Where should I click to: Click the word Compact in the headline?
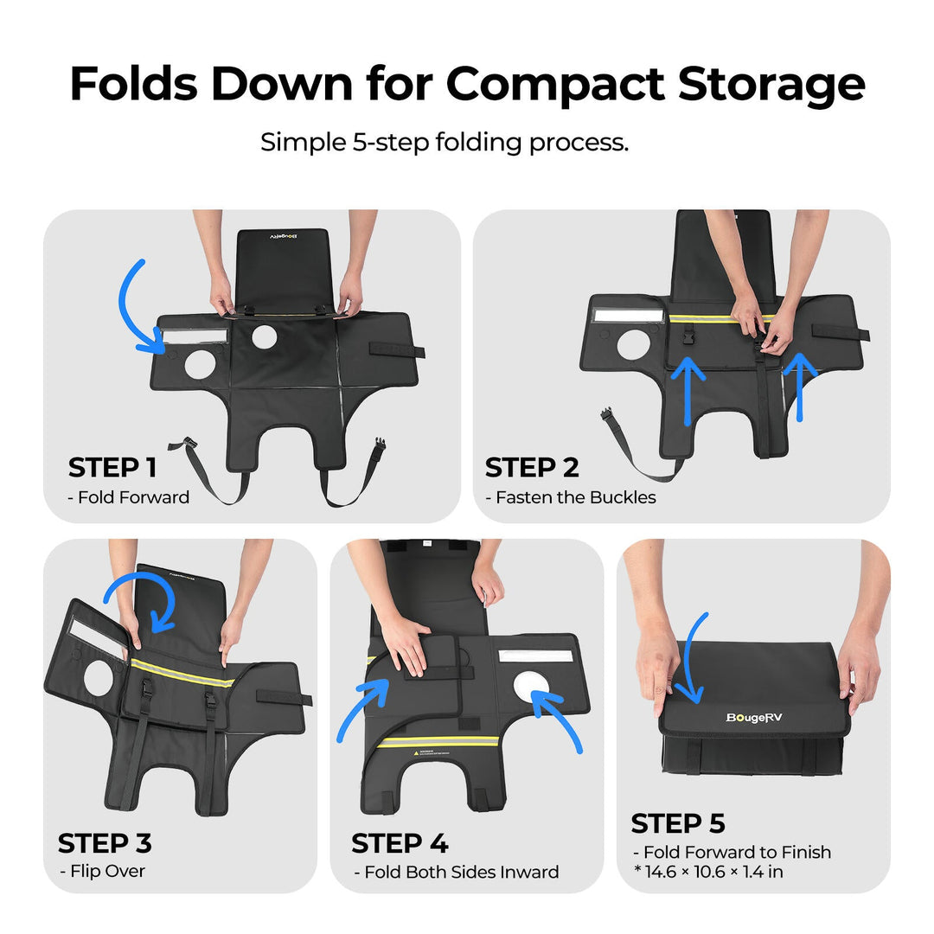554,84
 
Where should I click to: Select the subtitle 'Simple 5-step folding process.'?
445,143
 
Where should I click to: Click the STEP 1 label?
112,467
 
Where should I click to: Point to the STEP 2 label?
531,467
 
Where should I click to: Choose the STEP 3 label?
105,843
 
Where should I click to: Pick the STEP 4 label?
399,843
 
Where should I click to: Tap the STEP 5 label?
678,823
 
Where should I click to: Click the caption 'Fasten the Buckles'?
575,497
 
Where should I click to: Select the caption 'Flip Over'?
107,871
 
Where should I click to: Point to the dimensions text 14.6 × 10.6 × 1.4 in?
713,872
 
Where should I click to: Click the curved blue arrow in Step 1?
124,310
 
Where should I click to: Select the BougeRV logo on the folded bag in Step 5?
754,717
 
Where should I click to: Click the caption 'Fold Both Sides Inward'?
462,872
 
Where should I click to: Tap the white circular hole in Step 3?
99,678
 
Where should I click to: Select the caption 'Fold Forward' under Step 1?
133,497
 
